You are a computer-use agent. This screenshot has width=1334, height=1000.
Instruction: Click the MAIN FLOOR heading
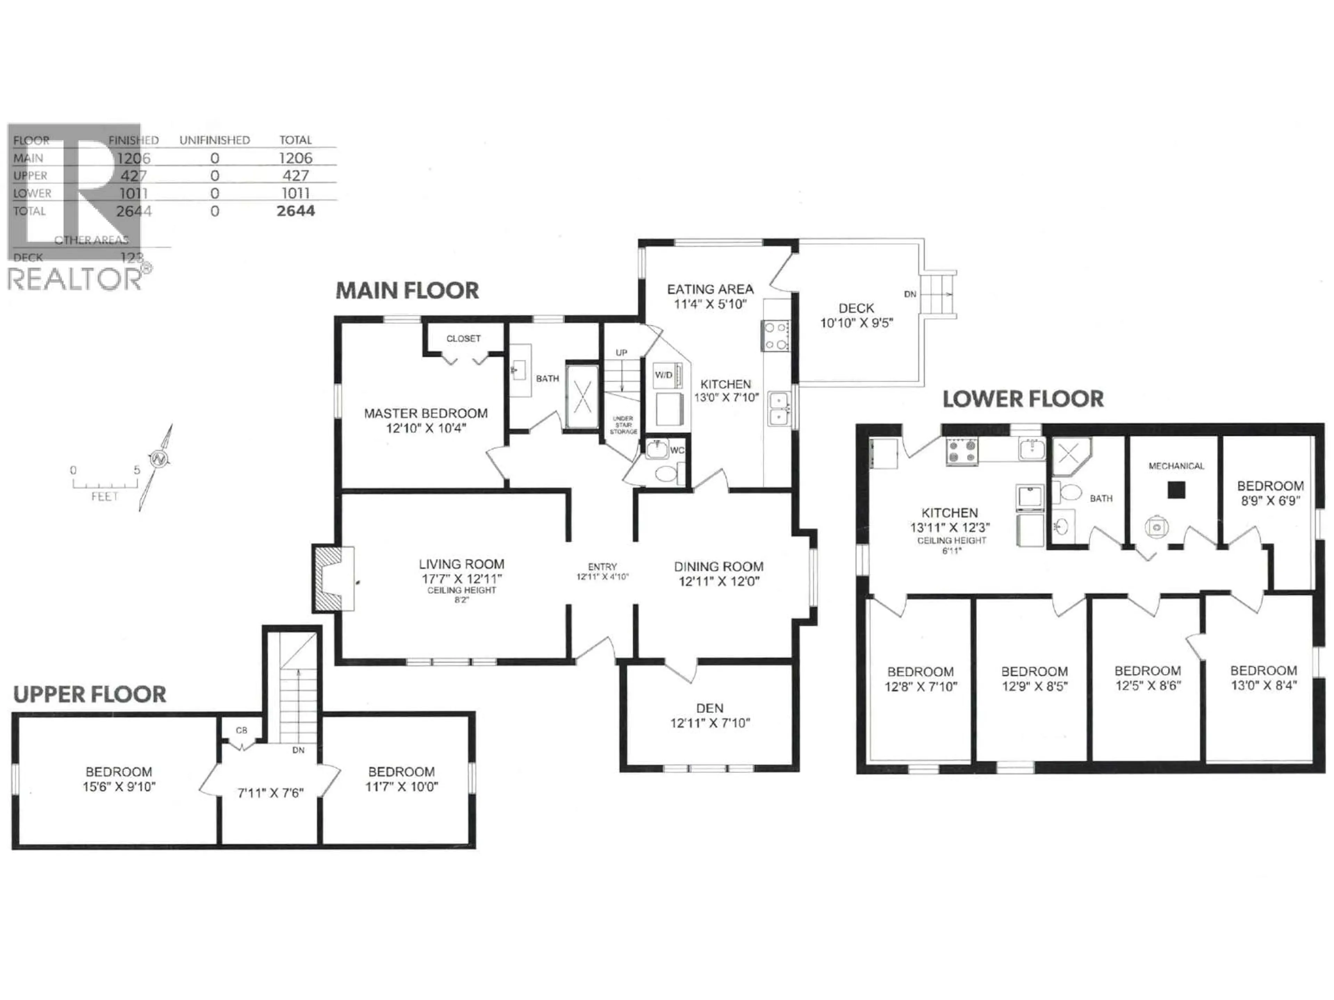pyautogui.click(x=407, y=291)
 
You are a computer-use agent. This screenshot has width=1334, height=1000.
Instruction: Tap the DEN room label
pyautogui.click(x=709, y=708)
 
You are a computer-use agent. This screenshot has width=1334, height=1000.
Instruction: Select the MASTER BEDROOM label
pyautogui.click(x=426, y=414)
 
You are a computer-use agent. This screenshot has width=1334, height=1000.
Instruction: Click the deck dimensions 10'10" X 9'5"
pyautogui.click(x=856, y=323)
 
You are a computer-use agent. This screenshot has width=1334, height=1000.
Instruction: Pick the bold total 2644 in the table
pyautogui.click(x=296, y=211)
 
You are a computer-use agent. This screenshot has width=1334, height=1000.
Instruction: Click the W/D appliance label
pyautogui.click(x=664, y=375)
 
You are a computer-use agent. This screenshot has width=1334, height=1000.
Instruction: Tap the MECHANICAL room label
pyautogui.click(x=1176, y=466)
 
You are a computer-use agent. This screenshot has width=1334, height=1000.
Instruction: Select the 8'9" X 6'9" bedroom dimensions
pyautogui.click(x=1270, y=500)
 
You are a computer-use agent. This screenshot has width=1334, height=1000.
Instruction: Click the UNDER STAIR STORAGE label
pyautogui.click(x=623, y=425)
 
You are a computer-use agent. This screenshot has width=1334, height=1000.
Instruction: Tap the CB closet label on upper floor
pyautogui.click(x=241, y=730)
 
